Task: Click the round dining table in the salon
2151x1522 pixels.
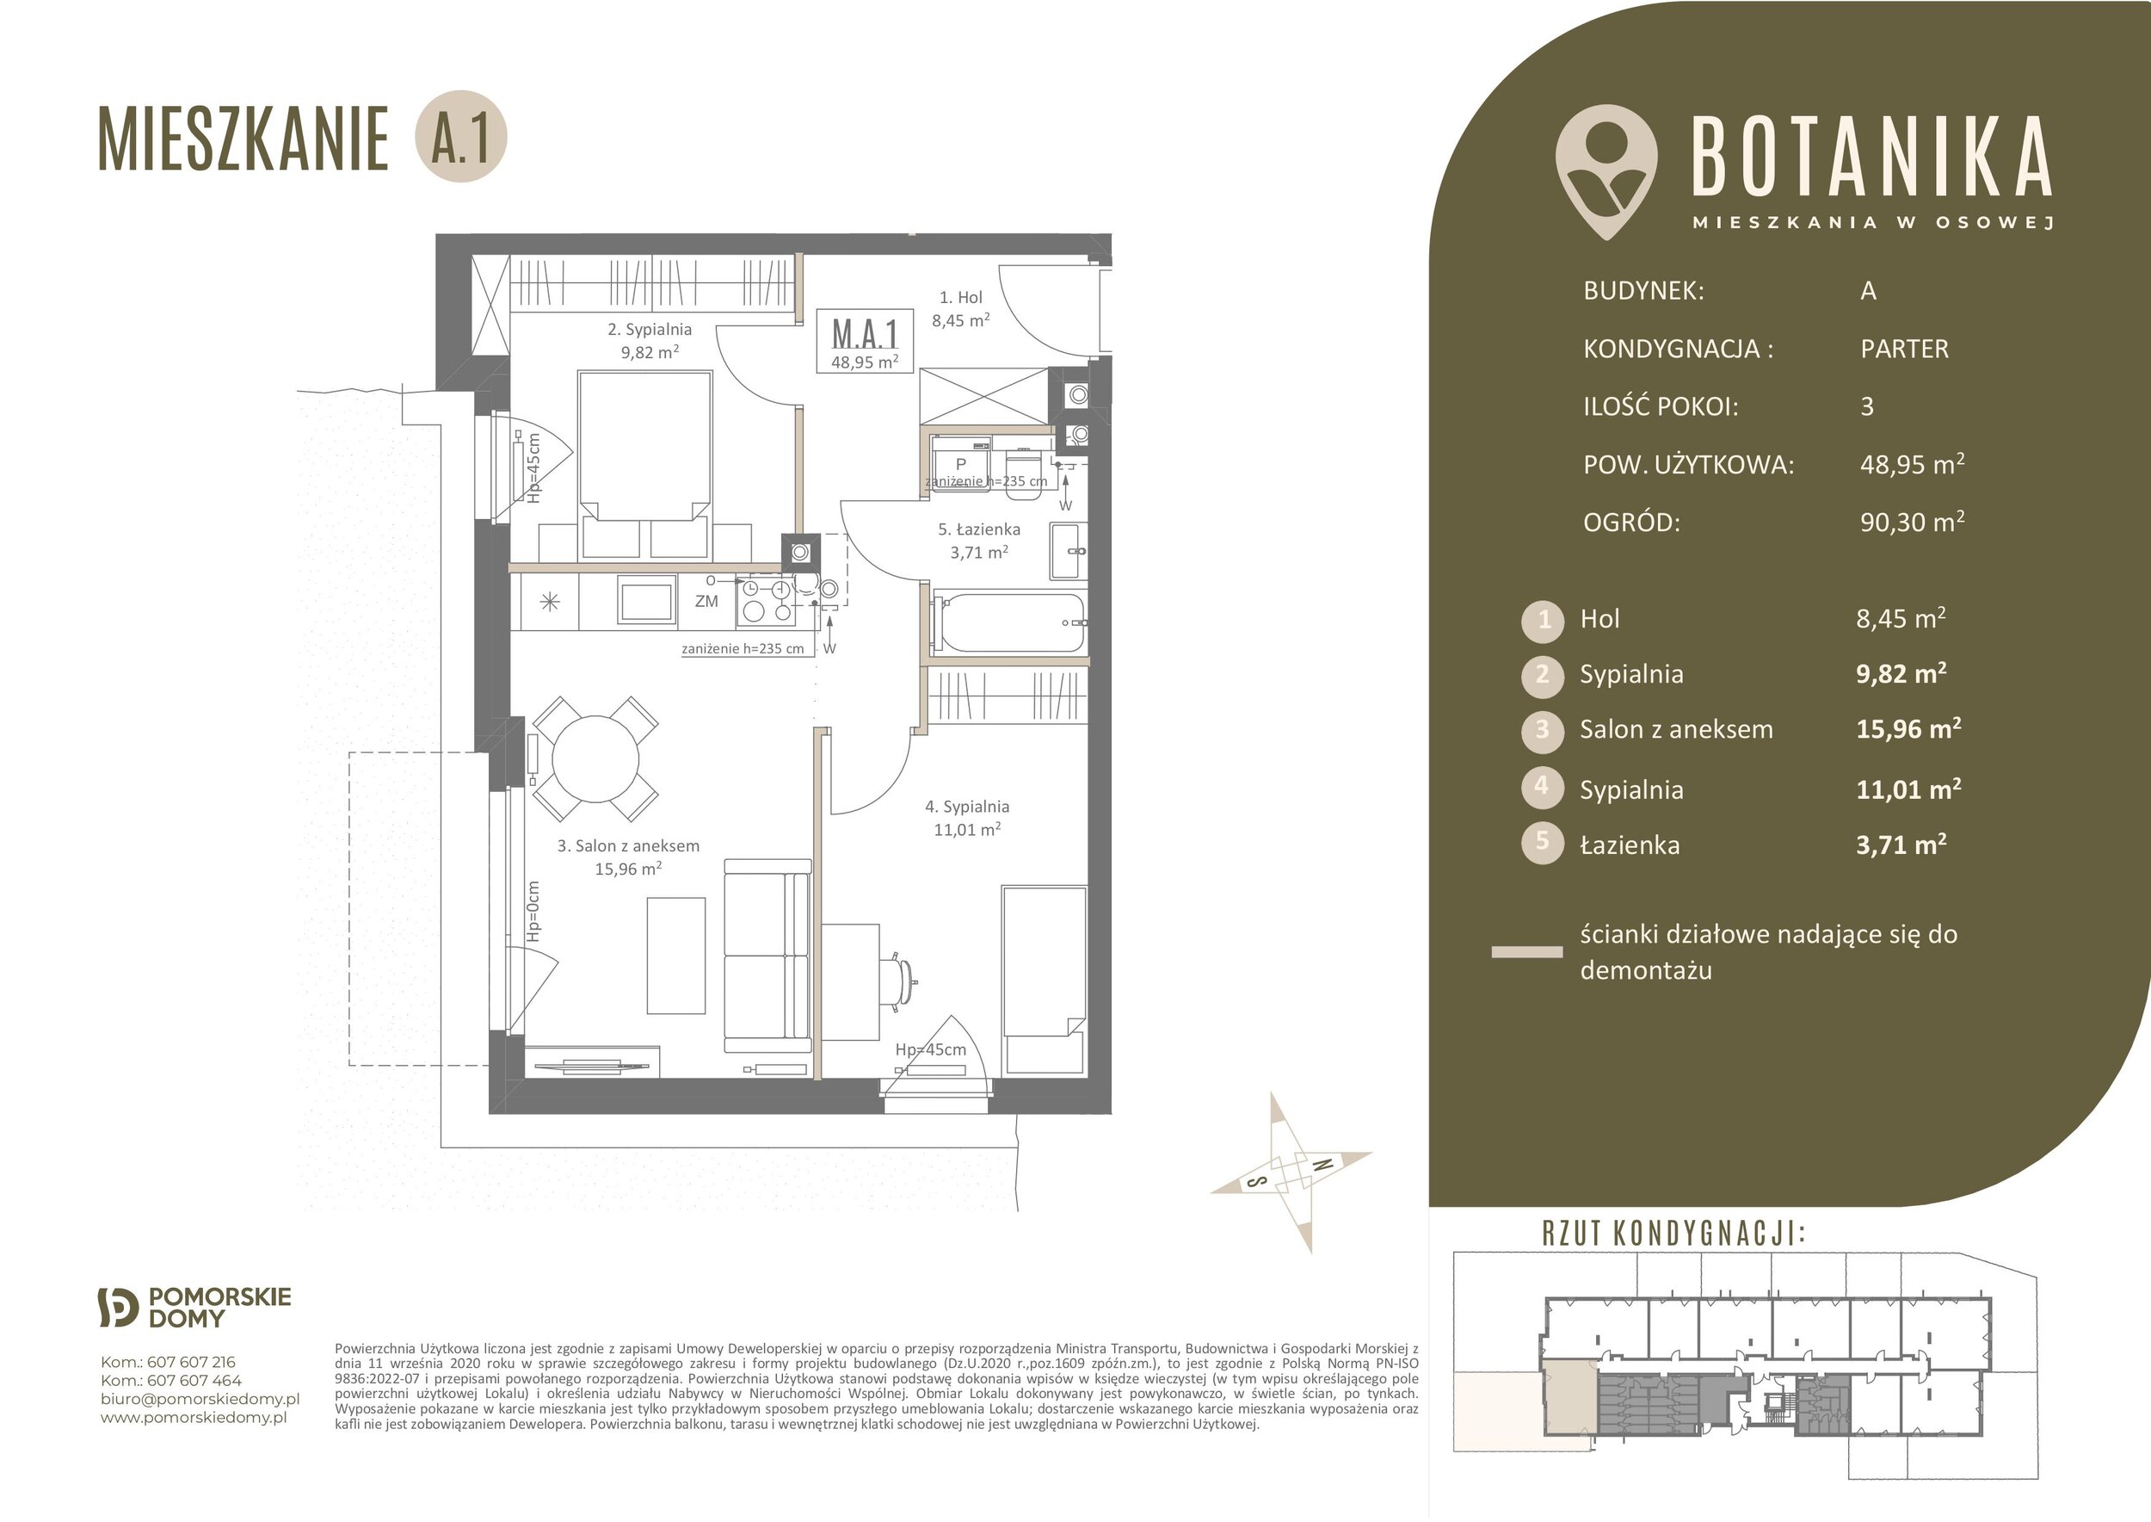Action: point(596,758)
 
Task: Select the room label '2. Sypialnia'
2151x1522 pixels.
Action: point(650,329)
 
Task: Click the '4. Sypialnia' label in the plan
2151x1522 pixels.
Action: point(967,806)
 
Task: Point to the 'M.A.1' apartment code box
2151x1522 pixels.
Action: point(865,341)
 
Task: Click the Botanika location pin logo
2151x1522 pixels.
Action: point(1606,171)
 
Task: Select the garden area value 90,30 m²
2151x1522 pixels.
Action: point(1912,521)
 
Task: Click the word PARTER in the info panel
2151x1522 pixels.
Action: point(1905,349)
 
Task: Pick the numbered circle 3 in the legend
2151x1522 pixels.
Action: point(1542,731)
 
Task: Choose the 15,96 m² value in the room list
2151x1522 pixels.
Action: point(1909,728)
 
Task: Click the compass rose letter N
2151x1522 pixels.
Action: point(1322,1166)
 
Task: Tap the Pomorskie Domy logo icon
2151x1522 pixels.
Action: point(119,1308)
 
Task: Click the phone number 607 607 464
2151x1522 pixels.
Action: point(194,1381)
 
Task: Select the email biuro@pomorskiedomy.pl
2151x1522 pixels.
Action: point(200,1399)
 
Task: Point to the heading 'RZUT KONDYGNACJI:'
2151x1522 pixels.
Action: point(1673,1234)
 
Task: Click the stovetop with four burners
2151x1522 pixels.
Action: point(766,601)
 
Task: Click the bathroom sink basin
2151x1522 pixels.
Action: point(1068,552)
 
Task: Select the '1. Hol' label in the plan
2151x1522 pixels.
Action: point(960,297)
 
